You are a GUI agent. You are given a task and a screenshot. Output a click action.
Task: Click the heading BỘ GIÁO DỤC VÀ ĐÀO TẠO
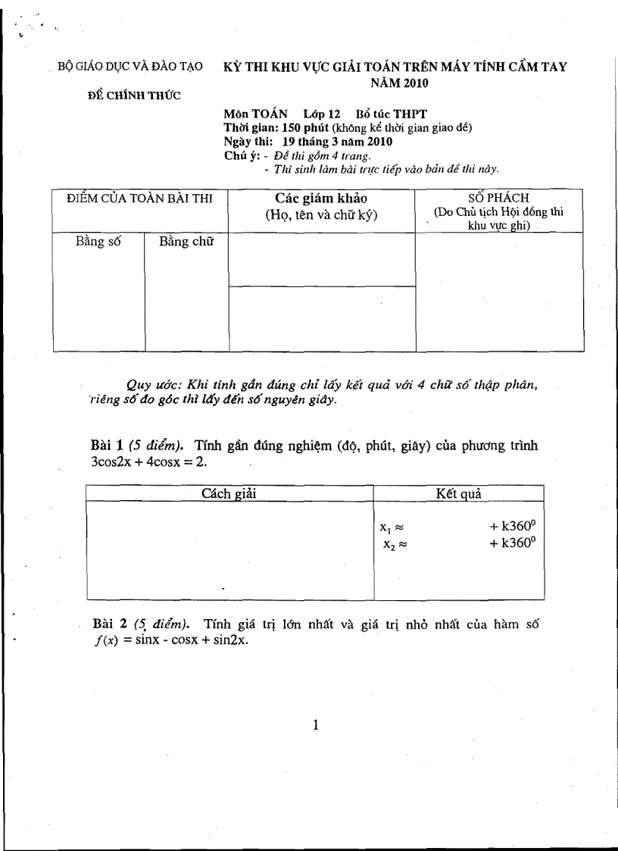tap(130, 67)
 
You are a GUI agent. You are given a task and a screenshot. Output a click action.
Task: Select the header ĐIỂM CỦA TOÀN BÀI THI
tap(139, 199)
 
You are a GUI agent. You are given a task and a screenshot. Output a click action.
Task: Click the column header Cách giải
tap(230, 493)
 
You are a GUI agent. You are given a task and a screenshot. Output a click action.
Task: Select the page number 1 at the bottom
tap(316, 725)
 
